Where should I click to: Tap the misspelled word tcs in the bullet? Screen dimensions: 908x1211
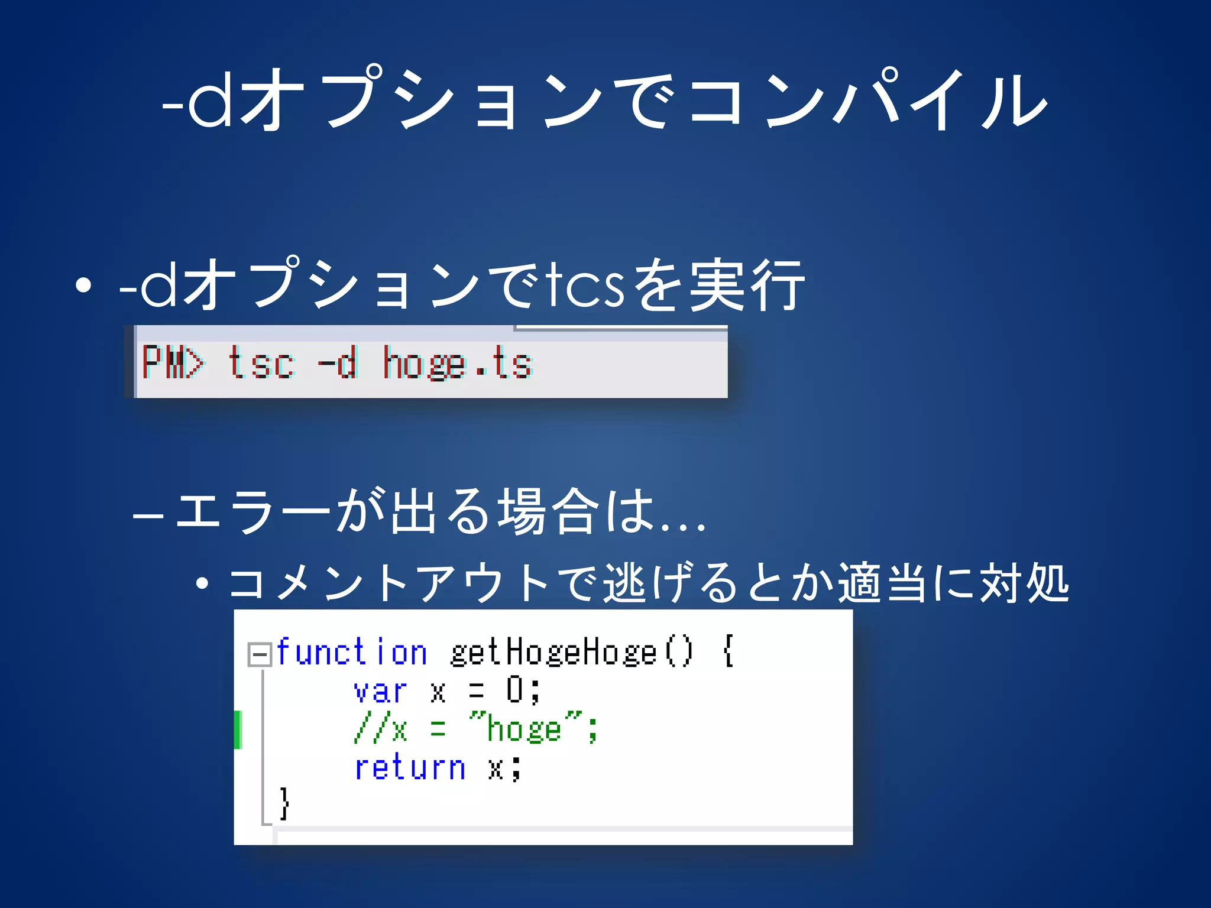pos(585,286)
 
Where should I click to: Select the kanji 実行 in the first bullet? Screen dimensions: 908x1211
pos(747,286)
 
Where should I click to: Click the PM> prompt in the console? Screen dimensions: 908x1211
pos(172,362)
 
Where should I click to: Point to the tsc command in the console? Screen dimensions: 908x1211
pos(261,362)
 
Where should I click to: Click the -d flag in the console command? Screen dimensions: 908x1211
pos(338,362)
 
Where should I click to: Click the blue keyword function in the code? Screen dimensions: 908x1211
pos(351,653)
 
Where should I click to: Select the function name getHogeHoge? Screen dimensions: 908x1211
pos(553,653)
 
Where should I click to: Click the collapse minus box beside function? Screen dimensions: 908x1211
pos(259,654)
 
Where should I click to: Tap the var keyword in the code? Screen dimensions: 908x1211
pos(380,691)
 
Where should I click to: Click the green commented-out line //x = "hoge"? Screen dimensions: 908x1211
pos(475,729)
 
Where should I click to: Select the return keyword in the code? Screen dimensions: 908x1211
pos(409,768)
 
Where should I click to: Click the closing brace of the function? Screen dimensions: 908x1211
pos(284,803)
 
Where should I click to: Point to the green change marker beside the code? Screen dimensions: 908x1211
pos(238,729)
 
